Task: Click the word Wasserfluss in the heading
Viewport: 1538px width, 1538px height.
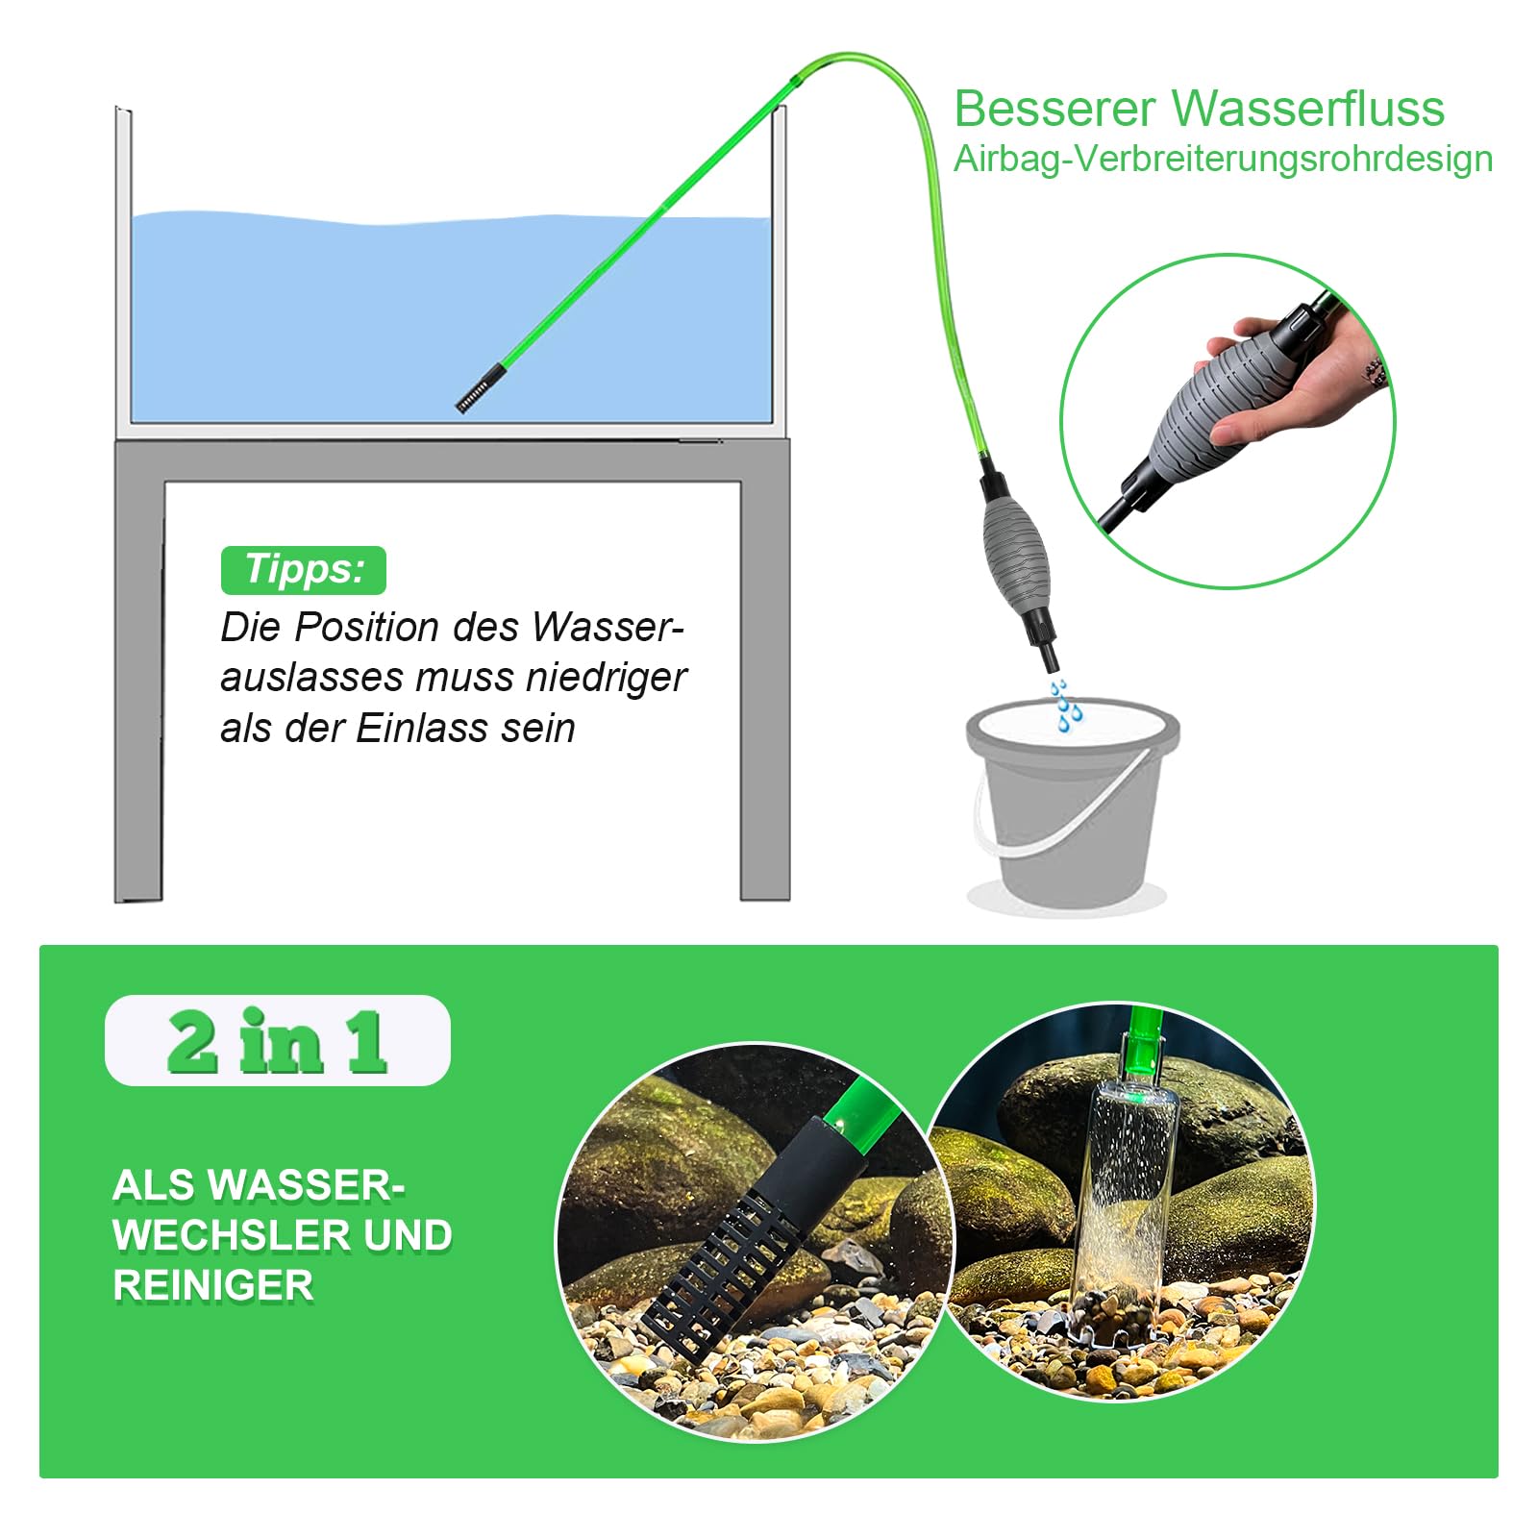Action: click(1308, 109)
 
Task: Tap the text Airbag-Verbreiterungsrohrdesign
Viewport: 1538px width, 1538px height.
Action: click(1223, 160)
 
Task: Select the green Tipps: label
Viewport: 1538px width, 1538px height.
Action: click(304, 570)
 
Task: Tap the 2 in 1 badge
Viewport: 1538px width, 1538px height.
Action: click(277, 1041)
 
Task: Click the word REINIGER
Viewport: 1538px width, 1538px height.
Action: click(213, 1286)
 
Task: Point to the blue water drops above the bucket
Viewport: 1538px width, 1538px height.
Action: click(1064, 706)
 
